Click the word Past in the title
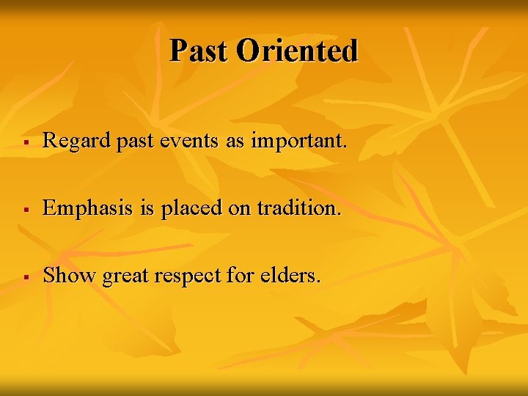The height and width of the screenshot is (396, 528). click(x=199, y=51)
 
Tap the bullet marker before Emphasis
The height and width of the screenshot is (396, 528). click(x=26, y=210)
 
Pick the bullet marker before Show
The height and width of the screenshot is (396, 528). click(x=26, y=277)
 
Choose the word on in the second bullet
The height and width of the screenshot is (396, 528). click(x=240, y=209)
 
